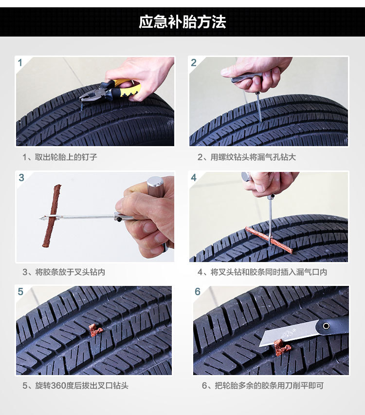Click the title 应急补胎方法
[182, 22]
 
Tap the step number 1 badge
[20, 63]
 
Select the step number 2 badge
[194, 63]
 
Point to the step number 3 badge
[21, 177]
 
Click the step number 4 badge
[194, 177]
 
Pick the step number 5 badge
[20, 292]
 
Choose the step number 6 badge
[197, 292]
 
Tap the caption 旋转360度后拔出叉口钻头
[75, 386]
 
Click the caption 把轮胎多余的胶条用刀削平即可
[262, 386]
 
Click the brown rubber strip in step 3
[51, 214]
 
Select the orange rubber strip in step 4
[268, 239]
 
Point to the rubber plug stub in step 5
[95, 331]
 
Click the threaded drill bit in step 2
[259, 108]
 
